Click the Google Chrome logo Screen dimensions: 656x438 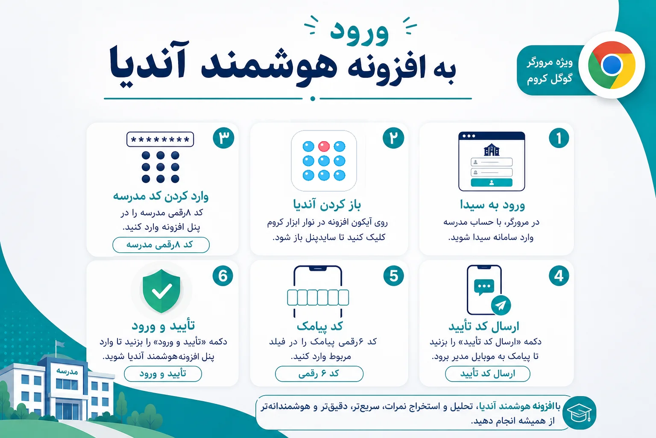pos(612,65)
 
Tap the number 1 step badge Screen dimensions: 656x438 pos(559,138)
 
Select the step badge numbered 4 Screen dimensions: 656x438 pos(559,276)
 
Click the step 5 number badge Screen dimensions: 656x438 pos(394,276)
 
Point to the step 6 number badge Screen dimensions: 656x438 pos(223,276)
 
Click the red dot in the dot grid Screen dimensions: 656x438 pos(324,146)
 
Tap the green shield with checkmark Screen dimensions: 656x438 pos(161,291)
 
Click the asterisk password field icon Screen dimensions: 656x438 pos(160,139)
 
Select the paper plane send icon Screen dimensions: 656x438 pos(501,305)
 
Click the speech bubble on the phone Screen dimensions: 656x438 pos(484,287)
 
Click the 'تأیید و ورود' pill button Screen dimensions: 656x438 pos(163,374)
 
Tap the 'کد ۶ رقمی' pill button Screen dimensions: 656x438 pos(319,374)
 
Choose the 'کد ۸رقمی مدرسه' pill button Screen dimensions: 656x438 pos(161,245)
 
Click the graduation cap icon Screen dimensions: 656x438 pos(579,413)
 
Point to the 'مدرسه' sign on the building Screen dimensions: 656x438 pos(67,371)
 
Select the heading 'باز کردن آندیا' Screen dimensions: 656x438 pos(327,204)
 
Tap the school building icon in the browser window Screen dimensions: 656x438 pos(492,150)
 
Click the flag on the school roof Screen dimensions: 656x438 pos(60,344)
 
